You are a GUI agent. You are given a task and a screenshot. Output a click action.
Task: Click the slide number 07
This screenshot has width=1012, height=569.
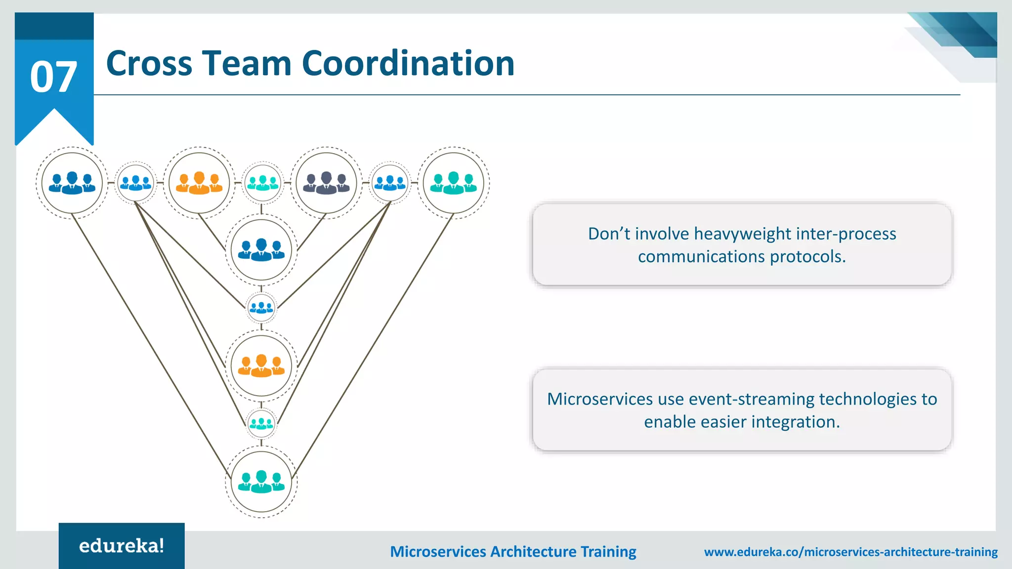point(53,78)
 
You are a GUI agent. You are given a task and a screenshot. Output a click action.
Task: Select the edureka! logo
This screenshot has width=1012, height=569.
point(122,546)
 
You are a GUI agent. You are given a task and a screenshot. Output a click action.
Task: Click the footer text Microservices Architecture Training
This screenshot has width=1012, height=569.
point(513,552)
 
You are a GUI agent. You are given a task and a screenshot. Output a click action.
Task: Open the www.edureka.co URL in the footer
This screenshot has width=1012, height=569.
point(850,552)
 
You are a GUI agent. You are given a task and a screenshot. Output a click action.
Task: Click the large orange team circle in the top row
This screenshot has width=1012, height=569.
point(199,183)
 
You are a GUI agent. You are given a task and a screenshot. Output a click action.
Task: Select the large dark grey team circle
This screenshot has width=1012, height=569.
point(326,183)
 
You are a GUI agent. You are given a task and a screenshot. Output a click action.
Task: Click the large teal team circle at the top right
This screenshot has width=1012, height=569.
point(453,183)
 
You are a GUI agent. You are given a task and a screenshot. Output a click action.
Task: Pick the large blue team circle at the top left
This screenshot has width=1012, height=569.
point(72,183)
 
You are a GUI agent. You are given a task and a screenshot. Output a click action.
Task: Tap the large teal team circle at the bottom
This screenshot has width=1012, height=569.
point(261,482)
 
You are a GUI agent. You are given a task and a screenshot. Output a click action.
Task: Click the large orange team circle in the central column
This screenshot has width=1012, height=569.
point(261,366)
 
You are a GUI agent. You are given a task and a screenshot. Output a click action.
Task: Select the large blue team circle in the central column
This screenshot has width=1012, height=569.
point(261,250)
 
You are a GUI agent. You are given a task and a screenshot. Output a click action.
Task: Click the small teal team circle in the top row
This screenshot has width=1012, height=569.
point(263,183)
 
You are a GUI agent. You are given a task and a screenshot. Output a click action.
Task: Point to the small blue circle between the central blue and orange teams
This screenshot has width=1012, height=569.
point(261,308)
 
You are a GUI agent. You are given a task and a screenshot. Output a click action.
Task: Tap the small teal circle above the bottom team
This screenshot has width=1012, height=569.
point(261,423)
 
